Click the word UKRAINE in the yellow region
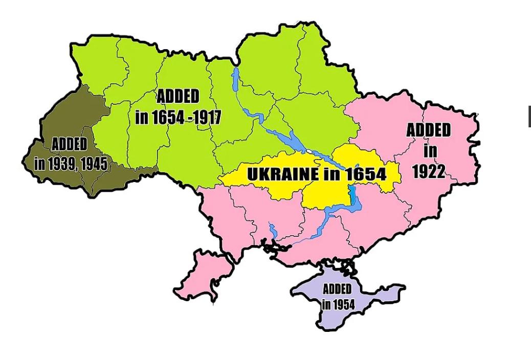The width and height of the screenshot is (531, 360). tap(283, 174)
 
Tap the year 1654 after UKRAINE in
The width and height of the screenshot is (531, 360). tap(365, 174)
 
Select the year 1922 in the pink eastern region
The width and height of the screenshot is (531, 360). tap(428, 171)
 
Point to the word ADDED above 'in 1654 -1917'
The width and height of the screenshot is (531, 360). tap(178, 96)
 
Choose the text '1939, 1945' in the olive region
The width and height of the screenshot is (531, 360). tap(77, 164)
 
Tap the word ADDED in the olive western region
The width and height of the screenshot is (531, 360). tap(69, 145)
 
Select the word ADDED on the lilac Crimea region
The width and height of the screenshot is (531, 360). tap(337, 289)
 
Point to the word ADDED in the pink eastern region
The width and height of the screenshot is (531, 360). tap(429, 130)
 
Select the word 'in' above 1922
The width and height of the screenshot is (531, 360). tap(430, 151)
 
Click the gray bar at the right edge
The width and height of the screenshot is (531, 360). tap(528, 117)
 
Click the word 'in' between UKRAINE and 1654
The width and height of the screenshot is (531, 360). tap(331, 174)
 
